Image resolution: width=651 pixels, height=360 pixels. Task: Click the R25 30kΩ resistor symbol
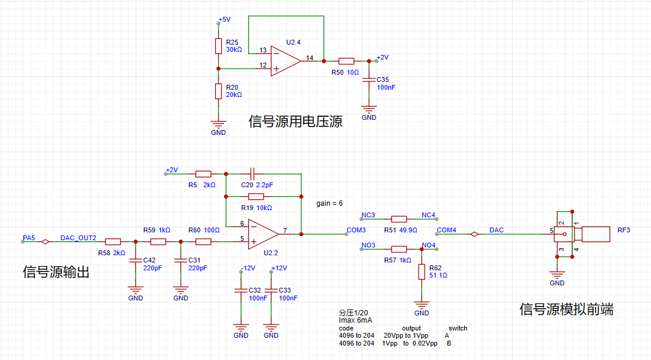(219, 46)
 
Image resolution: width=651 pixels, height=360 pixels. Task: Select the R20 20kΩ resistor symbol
(219, 91)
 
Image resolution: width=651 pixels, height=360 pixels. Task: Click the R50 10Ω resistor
(346, 61)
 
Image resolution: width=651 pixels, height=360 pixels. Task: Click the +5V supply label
(224, 19)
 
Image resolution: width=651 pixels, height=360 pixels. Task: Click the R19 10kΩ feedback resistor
(255, 196)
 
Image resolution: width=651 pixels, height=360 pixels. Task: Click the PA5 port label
(29, 238)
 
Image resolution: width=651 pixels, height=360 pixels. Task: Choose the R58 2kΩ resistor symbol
(113, 242)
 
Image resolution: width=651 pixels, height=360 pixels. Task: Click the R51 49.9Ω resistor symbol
(399, 219)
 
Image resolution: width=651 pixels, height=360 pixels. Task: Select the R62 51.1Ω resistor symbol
(422, 272)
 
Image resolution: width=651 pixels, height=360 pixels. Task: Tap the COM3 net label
(356, 230)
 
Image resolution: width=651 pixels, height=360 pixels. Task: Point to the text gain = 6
(329, 203)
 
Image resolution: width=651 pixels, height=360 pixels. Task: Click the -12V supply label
(248, 268)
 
